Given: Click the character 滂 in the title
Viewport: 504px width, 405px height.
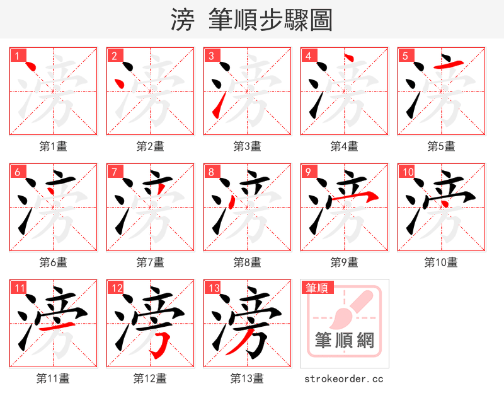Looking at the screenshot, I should (x=182, y=20).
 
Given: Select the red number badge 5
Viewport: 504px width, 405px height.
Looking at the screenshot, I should (x=405, y=56).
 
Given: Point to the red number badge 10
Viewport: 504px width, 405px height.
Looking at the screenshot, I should (x=408, y=172).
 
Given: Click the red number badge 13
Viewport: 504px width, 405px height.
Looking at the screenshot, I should (x=214, y=288).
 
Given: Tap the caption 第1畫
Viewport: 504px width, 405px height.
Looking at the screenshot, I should (x=53, y=146).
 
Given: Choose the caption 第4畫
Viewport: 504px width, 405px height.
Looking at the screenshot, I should (x=344, y=146).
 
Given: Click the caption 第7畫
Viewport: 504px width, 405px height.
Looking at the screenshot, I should (x=150, y=262).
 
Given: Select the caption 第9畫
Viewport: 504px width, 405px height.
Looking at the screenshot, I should (x=344, y=262).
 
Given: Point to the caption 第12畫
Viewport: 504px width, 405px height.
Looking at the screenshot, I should (x=150, y=379).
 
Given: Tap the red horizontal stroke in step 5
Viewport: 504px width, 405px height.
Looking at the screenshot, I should (x=450, y=64).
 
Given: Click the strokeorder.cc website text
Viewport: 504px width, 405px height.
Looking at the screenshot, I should (x=344, y=379).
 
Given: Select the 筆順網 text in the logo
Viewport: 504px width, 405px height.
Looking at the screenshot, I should (x=344, y=341).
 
